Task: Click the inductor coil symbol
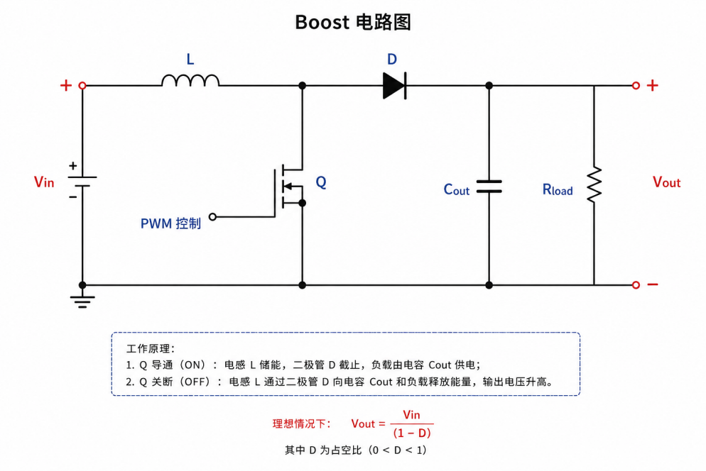[x=190, y=80]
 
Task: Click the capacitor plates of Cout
[x=489, y=187]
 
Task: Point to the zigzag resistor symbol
[x=594, y=184]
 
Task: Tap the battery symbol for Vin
[x=82, y=182]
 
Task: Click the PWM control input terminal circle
[x=212, y=217]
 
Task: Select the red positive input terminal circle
[x=82, y=85]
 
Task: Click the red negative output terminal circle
[x=636, y=284]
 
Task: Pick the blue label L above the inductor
[x=190, y=59]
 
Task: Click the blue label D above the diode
[x=392, y=59]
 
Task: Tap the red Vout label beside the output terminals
[x=666, y=182]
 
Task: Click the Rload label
[x=558, y=189]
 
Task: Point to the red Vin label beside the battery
[x=44, y=182]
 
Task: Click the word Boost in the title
[x=322, y=22]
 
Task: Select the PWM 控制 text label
[x=170, y=223]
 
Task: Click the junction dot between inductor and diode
[x=302, y=85]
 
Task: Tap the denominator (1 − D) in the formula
[x=412, y=433]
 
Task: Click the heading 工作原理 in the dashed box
[x=148, y=348]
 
